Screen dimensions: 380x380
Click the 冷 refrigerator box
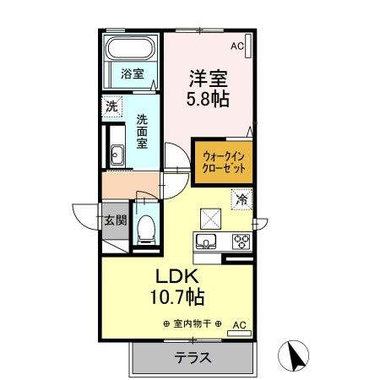[x=242, y=200]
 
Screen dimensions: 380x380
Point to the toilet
[x=145, y=226]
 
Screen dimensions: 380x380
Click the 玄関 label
[x=116, y=222]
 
